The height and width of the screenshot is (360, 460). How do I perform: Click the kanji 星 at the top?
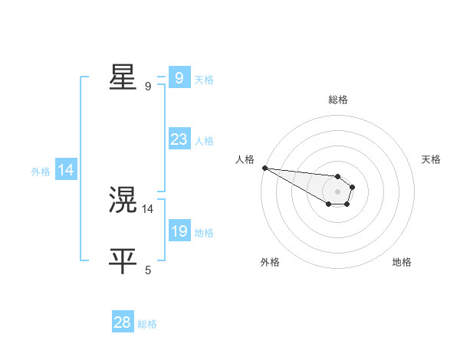pos(123,78)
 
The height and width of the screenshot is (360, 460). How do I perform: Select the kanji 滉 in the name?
pos(123,201)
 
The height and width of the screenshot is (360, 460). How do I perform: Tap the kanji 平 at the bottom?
pos(123,261)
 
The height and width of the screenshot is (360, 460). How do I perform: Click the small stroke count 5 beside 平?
pos(148,270)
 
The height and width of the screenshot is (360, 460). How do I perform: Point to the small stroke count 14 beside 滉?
pos(148,208)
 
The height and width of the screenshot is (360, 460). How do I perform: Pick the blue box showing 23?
pos(179,139)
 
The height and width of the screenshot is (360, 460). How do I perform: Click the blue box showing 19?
pos(179,231)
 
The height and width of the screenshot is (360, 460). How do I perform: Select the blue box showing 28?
pos(122,322)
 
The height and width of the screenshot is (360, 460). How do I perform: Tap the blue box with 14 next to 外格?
pos(66,170)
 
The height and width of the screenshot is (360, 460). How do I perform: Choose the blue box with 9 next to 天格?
pos(179,78)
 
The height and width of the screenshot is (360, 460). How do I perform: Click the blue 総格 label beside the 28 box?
pos(147,324)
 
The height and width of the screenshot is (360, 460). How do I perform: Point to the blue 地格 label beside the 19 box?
pos(204,232)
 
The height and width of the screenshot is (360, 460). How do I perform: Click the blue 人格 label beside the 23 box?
pos(204,141)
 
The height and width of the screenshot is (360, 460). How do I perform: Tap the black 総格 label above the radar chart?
pos(338,100)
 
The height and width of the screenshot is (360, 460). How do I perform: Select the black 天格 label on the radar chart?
pos(432,159)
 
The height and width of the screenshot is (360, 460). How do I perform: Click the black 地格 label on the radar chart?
pos(402,262)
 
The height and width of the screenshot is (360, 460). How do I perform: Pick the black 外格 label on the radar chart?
pos(270,262)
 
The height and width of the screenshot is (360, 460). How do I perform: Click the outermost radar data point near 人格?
pos(264,168)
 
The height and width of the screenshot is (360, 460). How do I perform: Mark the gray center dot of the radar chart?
pos(338,191)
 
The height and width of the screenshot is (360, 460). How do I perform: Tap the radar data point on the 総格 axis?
pos(338,176)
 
